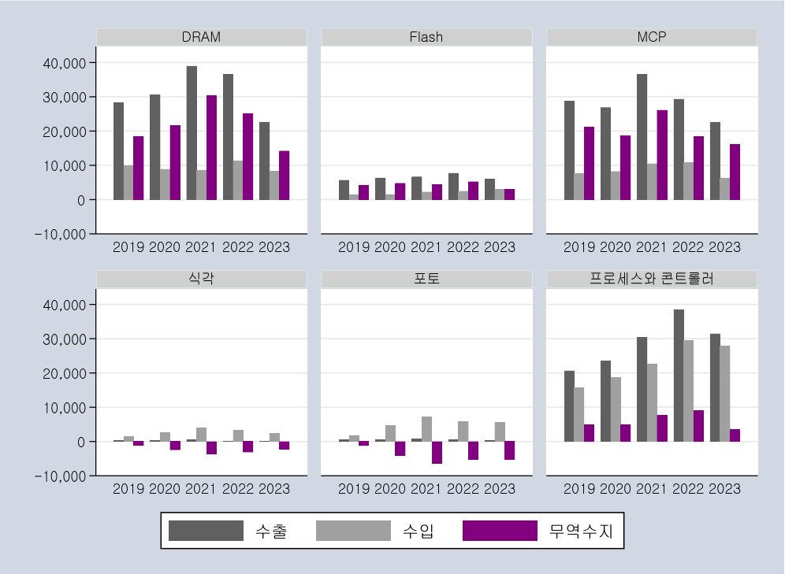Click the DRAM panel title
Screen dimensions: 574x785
tap(201, 37)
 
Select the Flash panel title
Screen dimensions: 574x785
tap(426, 37)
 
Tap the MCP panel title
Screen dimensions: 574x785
tap(652, 37)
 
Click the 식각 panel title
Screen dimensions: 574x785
tap(201, 279)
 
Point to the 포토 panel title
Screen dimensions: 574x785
tap(426, 279)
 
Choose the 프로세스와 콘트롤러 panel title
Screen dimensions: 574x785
tap(652, 279)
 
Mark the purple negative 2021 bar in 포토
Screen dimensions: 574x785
tap(437, 452)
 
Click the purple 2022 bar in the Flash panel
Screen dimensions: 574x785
tap(473, 191)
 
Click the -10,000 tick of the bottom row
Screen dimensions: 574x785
tap(61, 476)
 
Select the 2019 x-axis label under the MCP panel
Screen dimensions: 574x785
tap(579, 247)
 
